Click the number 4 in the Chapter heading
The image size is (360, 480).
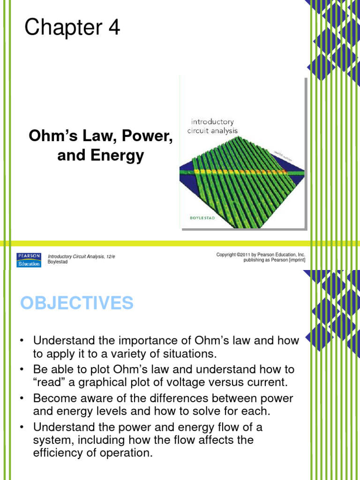point(114,28)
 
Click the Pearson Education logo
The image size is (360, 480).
point(29,259)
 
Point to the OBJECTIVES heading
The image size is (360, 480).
point(77,303)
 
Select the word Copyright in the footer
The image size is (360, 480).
point(226,255)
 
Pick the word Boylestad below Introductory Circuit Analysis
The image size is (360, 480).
point(58,262)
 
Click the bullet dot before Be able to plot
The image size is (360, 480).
point(22,370)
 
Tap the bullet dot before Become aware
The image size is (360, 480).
point(22,398)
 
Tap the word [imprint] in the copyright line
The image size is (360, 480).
point(293,260)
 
